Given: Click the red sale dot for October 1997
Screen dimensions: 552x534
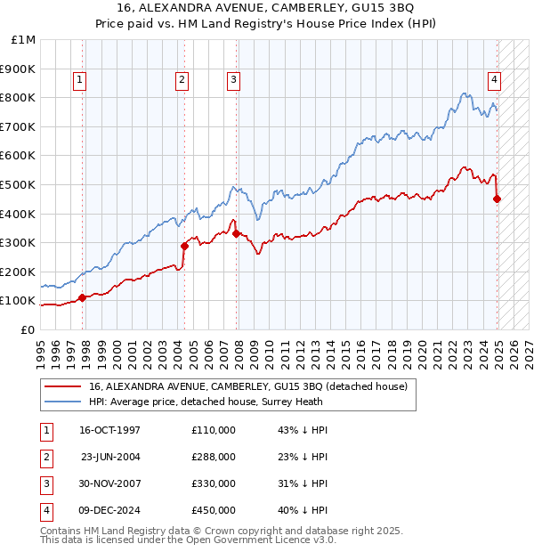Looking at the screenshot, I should click(x=82, y=297).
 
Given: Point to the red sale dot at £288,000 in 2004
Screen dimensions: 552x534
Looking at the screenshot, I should click(x=184, y=246).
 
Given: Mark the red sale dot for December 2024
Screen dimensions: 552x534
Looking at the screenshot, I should click(x=498, y=199).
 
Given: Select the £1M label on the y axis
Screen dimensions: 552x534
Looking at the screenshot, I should click(x=24, y=40).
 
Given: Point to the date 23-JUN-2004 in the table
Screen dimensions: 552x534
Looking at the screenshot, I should click(x=110, y=457).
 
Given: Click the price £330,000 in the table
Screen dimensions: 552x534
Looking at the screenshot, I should click(x=214, y=483).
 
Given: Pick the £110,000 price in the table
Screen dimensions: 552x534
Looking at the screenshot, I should click(x=214, y=430).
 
